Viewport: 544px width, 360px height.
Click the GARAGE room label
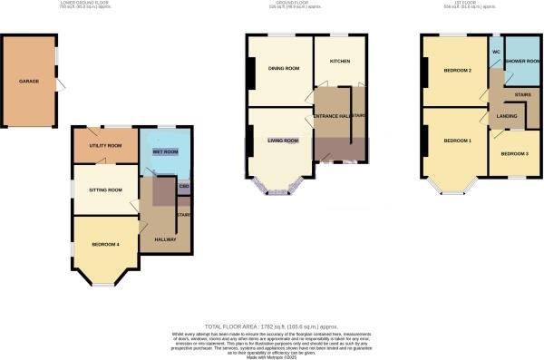tap(29, 82)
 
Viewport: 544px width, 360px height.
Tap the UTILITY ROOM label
tap(105, 146)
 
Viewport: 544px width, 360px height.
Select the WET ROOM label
tap(165, 151)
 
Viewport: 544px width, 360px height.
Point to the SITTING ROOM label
tap(103, 190)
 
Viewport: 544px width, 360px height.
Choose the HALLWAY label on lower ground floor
tap(164, 238)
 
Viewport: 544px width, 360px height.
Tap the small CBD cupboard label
tap(184, 188)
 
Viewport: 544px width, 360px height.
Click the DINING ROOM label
tap(283, 68)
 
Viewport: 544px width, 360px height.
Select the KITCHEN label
tap(340, 62)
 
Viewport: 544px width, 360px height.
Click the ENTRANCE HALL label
tap(332, 117)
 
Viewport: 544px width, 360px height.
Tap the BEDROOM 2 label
tap(457, 70)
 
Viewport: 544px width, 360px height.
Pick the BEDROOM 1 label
tap(457, 141)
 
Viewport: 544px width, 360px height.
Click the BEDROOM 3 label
tap(514, 153)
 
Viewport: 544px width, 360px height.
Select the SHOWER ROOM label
tap(522, 62)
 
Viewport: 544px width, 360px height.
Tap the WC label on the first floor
tap(496, 53)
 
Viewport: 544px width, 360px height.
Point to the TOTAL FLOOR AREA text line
tap(272, 325)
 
